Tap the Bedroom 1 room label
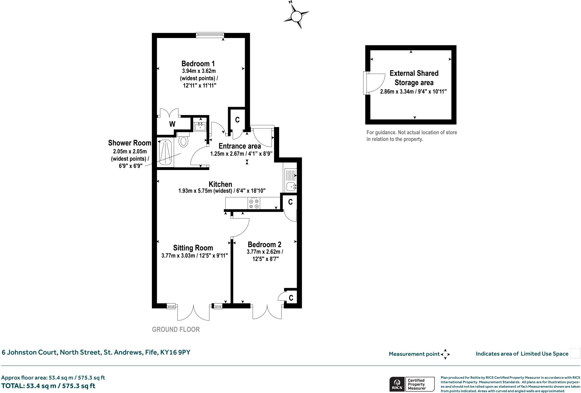click(x=198, y=63)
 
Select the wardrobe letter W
click(x=172, y=124)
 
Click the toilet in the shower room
click(x=184, y=141)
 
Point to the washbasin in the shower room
click(x=200, y=126)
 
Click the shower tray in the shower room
click(x=165, y=152)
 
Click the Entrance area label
click(x=240, y=146)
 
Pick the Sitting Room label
click(x=193, y=248)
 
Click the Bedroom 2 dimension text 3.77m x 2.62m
click(x=265, y=252)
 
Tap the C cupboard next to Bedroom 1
click(x=237, y=120)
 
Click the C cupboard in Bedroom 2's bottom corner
click(x=291, y=298)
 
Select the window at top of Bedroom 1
click(x=210, y=35)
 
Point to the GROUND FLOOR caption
click(x=176, y=330)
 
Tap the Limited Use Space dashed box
click(x=575, y=353)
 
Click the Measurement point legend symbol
click(x=445, y=354)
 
